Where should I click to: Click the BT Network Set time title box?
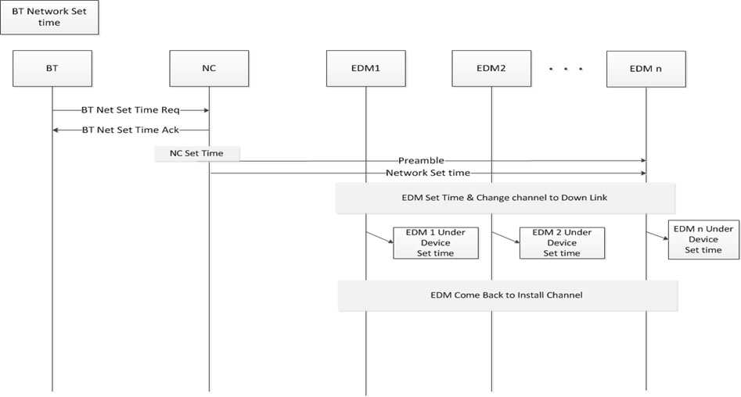pyautogui.click(x=49, y=17)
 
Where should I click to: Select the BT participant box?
pyautogui.click(x=52, y=69)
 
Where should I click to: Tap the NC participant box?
pyautogui.click(x=209, y=69)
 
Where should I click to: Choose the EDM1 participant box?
pyautogui.click(x=365, y=69)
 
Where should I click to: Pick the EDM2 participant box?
pyautogui.click(x=491, y=69)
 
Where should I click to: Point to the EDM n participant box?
pyautogui.click(x=646, y=69)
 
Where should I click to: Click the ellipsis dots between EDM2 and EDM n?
pyautogui.click(x=566, y=69)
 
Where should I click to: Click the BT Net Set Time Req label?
pyautogui.click(x=131, y=110)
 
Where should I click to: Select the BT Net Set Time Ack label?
pyautogui.click(x=131, y=130)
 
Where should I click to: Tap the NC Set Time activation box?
pyautogui.click(x=197, y=153)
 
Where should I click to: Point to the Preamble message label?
pyautogui.click(x=421, y=160)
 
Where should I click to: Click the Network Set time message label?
pyautogui.click(x=428, y=173)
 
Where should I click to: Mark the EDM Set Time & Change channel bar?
pyautogui.click(x=505, y=198)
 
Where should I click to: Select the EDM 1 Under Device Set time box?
pyautogui.click(x=436, y=243)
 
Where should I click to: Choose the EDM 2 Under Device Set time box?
pyautogui.click(x=562, y=243)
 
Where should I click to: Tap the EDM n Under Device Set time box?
pyautogui.click(x=703, y=240)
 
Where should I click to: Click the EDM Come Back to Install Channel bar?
pyautogui.click(x=508, y=295)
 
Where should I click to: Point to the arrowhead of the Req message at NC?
pyautogui.click(x=207, y=110)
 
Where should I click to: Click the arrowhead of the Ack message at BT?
pyautogui.click(x=55, y=130)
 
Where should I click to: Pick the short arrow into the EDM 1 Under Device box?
pyautogui.click(x=379, y=237)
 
